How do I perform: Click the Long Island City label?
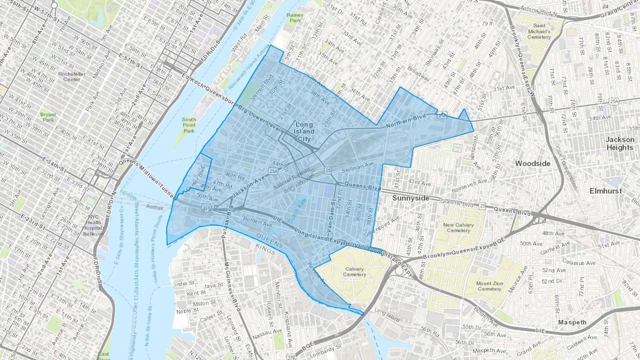(304, 132)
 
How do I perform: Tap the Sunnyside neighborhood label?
(411, 198)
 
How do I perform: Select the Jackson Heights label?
(620, 144)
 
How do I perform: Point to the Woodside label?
(533, 163)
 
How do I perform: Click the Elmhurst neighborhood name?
(606, 191)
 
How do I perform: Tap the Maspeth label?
(572, 322)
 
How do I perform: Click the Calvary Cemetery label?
(354, 272)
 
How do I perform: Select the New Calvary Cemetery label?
(458, 227)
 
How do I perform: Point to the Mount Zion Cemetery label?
(490, 286)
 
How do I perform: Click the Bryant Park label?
(48, 117)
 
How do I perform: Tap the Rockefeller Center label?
(72, 76)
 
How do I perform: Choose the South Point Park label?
(189, 125)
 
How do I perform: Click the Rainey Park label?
(295, 18)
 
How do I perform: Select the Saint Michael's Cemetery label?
(539, 31)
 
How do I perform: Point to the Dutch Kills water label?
(297, 210)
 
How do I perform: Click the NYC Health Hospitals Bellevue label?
(93, 225)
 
